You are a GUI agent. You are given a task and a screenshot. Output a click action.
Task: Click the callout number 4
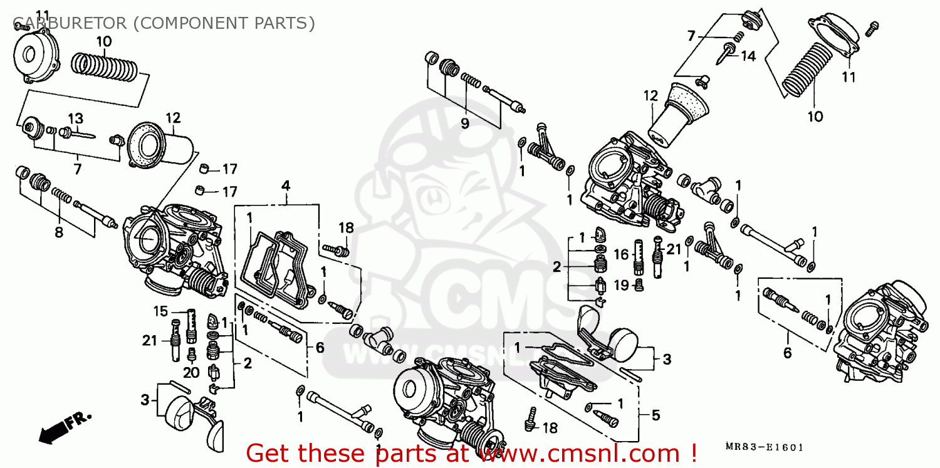(x=286, y=185)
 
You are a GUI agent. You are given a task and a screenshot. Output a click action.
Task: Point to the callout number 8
(x=59, y=232)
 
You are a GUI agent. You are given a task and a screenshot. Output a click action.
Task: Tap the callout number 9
(x=464, y=123)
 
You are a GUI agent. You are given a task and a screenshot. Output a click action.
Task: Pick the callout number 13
(x=75, y=118)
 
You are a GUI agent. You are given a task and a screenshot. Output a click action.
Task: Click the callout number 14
(x=748, y=56)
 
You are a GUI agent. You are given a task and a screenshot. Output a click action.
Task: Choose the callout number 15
(x=161, y=311)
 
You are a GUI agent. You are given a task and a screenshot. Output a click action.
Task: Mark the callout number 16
(x=620, y=254)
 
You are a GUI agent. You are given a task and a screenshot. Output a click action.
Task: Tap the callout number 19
(x=620, y=286)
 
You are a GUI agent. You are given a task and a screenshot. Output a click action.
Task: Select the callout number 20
(x=191, y=373)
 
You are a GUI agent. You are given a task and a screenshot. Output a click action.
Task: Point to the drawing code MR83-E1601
(x=764, y=447)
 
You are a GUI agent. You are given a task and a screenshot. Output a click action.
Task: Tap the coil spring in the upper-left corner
(x=104, y=66)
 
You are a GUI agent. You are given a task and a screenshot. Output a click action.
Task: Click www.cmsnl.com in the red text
(x=585, y=452)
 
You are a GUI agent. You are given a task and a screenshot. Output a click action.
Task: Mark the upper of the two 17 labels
(x=229, y=169)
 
